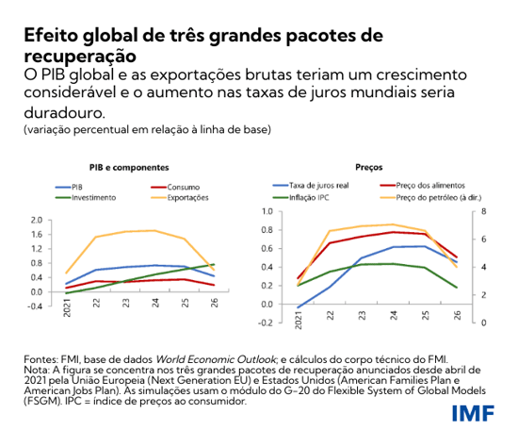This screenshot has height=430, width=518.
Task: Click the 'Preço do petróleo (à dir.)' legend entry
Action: coord(429,196)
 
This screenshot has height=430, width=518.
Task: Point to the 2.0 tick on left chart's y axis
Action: coord(37,220)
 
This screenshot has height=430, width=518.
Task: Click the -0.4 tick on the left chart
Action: coord(36,306)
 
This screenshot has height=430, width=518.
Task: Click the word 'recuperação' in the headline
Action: coord(76,54)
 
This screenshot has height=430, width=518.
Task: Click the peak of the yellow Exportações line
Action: coord(154,230)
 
